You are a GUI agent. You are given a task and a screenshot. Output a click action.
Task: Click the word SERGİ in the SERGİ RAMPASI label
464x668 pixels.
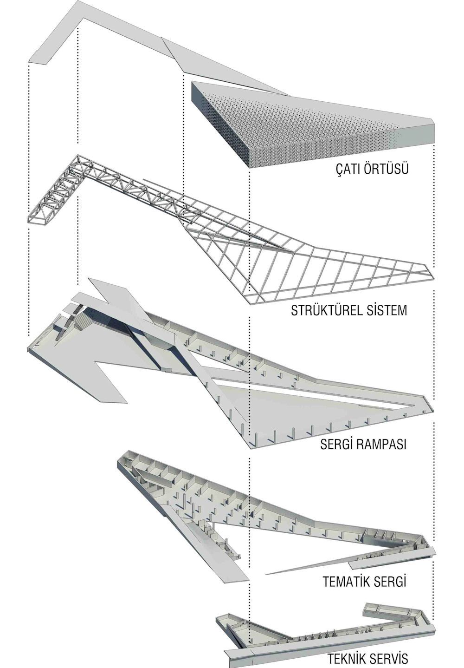(x=335, y=444)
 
